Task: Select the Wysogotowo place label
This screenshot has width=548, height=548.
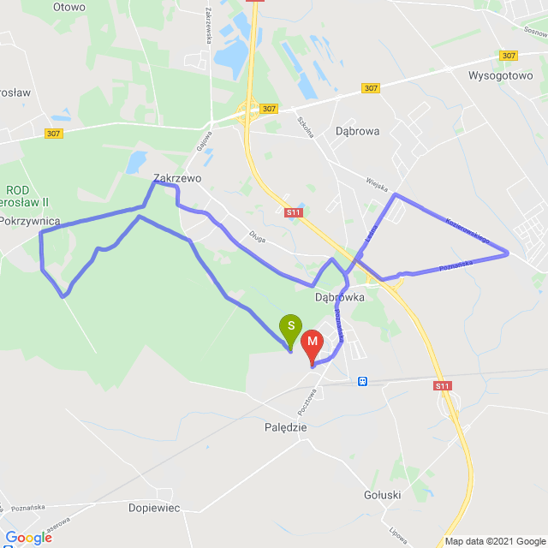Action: (501, 74)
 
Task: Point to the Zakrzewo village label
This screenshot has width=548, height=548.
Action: (176, 179)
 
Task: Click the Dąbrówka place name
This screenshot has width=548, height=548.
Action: (340, 297)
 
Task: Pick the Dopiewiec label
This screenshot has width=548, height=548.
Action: (154, 508)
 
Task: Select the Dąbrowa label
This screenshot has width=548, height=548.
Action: (358, 131)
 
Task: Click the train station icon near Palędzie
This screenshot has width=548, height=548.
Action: (363, 381)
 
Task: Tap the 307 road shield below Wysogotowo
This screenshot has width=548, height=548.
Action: (509, 56)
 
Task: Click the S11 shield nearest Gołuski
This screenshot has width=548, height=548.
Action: (442, 387)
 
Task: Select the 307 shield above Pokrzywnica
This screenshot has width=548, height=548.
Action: (54, 133)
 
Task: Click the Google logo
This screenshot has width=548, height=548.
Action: (28, 537)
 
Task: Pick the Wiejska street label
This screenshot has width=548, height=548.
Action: (377, 185)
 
